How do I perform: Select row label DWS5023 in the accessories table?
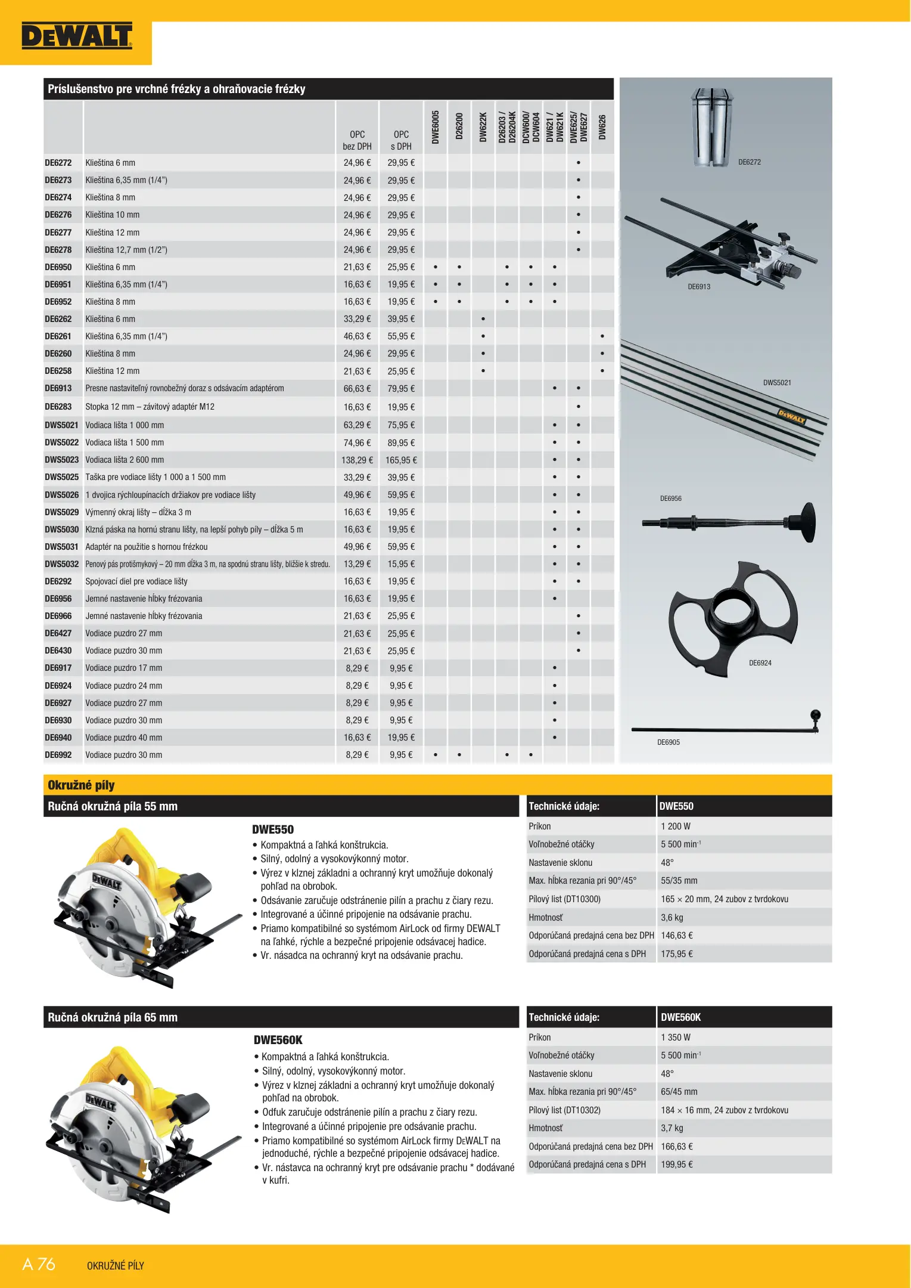pyautogui.click(x=61, y=460)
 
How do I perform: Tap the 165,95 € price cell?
pyautogui.click(x=401, y=460)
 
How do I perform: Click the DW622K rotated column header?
pyautogui.click(x=483, y=127)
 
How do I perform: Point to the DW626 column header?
pyautogui.click(x=602, y=127)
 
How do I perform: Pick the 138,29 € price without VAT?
pyautogui.click(x=357, y=460)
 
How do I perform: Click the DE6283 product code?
pyautogui.click(x=58, y=407)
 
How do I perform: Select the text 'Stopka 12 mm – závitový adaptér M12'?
pyautogui.click(x=150, y=407)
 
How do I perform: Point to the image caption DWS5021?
pyautogui.click(x=777, y=383)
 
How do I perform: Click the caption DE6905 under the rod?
pyautogui.click(x=668, y=742)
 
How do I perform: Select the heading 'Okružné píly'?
pyautogui.click(x=81, y=785)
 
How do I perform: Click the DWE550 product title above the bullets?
pyautogui.click(x=272, y=829)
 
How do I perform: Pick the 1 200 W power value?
pyautogui.click(x=675, y=826)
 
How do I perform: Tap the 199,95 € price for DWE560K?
pyautogui.click(x=676, y=1164)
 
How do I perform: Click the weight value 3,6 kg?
pyautogui.click(x=671, y=918)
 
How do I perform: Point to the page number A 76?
pyautogui.click(x=39, y=1264)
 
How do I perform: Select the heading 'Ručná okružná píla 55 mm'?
pyautogui.click(x=113, y=806)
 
